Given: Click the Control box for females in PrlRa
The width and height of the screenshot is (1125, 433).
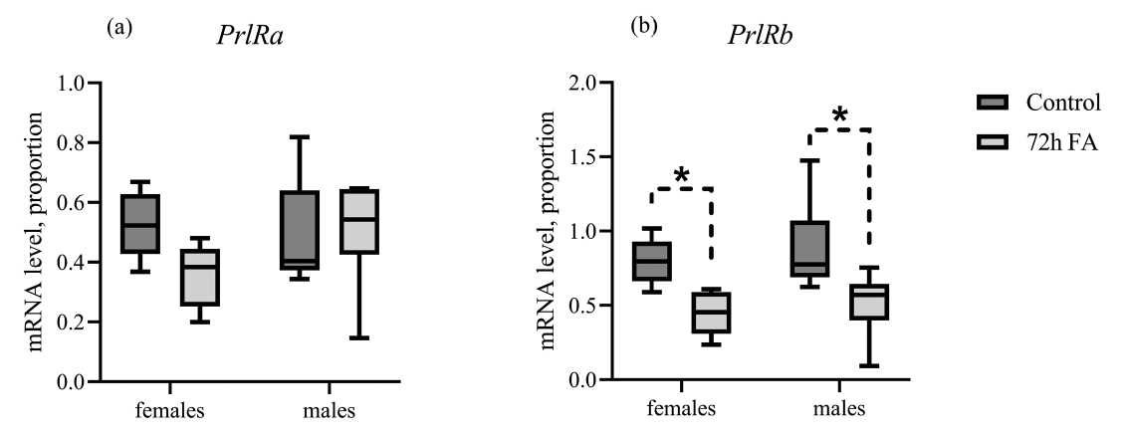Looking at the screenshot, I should click(x=139, y=224).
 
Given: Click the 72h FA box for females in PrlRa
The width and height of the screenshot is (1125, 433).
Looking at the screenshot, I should click(x=200, y=277).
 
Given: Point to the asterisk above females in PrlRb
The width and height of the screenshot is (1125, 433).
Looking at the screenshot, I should click(x=682, y=176).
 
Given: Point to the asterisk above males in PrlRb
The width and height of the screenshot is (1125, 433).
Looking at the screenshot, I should click(x=840, y=116).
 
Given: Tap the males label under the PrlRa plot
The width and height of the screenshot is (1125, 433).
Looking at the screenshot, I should click(x=330, y=409).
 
